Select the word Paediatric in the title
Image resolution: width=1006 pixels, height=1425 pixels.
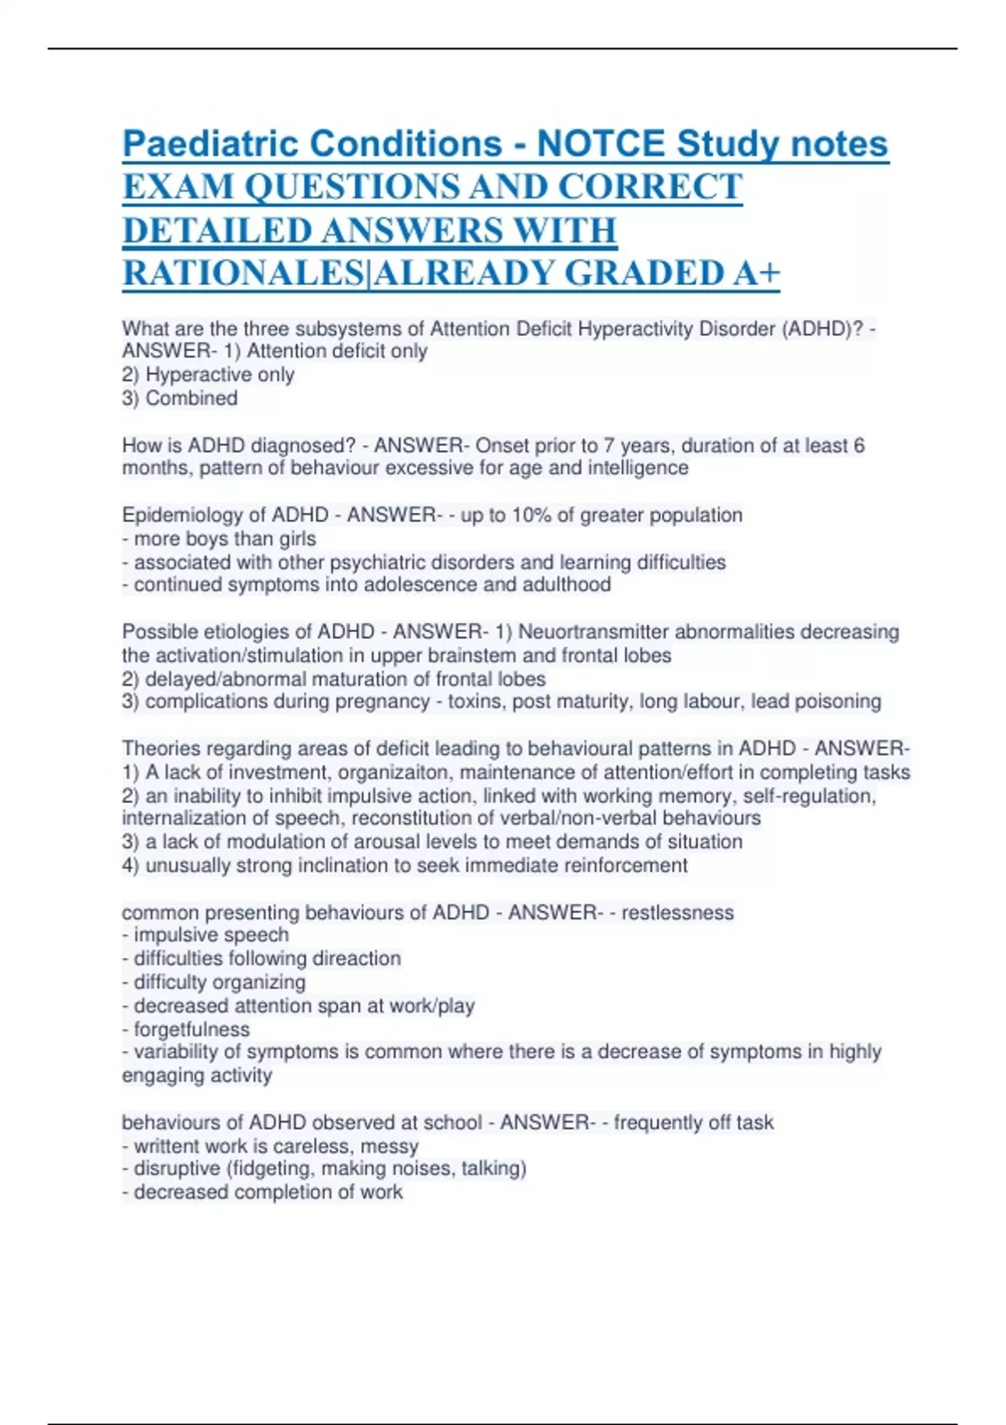click(x=210, y=144)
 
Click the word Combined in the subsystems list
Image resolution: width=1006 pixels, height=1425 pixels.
click(x=191, y=398)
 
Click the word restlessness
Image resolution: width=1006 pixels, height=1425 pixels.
click(x=677, y=912)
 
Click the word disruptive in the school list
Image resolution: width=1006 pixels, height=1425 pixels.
click(x=176, y=1168)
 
